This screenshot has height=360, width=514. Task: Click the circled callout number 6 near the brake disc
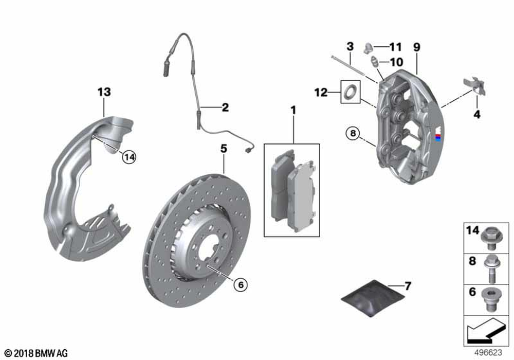pos(241,284)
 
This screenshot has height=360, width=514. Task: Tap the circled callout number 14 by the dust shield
pos(130,157)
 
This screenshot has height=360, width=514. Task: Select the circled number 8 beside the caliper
pos(353,133)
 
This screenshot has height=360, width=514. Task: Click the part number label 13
pos(104,92)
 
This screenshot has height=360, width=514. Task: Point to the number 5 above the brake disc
pos(224,149)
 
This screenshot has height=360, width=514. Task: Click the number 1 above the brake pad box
pos(293,110)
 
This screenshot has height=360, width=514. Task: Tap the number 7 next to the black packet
pos(408,286)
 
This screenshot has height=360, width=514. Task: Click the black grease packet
pos(373,298)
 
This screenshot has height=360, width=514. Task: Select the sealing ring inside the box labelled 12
pos(351,92)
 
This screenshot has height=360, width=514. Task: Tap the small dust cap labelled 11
pos(369,48)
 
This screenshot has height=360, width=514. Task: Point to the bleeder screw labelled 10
pos(374,61)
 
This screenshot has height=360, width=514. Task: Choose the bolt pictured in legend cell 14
pos(490,238)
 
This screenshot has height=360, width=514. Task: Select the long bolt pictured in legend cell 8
pos(490,268)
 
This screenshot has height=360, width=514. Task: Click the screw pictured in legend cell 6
pos(490,300)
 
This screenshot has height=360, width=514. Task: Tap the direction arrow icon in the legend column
pos(485,331)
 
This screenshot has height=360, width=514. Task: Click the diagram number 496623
pos(488,352)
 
